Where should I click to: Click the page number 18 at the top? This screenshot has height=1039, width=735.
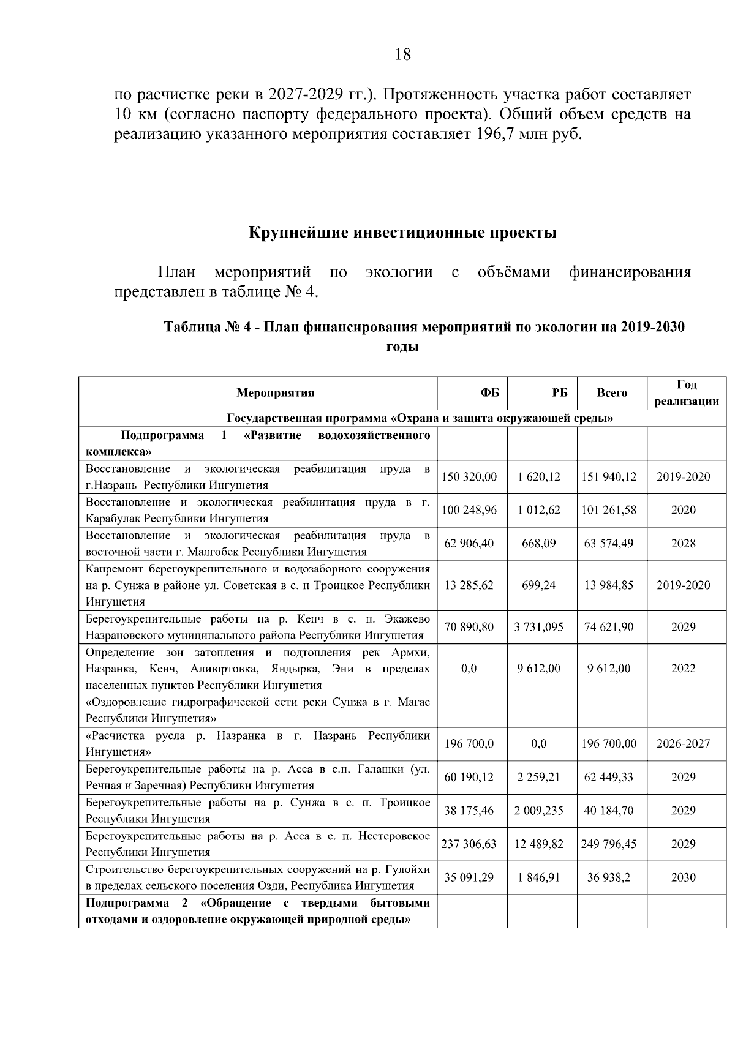pyautogui.click(x=403, y=55)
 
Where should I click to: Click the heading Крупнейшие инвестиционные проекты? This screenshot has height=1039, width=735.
pyautogui.click(x=402, y=233)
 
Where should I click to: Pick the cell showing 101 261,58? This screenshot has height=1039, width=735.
pyautogui.click(x=609, y=510)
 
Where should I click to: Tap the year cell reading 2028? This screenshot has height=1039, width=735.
pyautogui.click(x=683, y=543)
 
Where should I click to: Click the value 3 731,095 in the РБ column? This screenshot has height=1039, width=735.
pyautogui.click(x=539, y=627)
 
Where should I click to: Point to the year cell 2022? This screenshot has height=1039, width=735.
pyautogui.click(x=683, y=669)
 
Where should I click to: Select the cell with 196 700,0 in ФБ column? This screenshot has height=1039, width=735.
pyautogui.click(x=469, y=744)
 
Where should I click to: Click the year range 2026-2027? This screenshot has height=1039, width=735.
pyautogui.click(x=683, y=744)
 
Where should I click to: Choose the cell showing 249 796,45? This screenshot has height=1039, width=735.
pyautogui.click(x=609, y=844)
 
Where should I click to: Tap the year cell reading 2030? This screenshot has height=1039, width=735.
pyautogui.click(x=683, y=877)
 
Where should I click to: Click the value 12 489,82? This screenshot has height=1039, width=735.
pyautogui.click(x=539, y=844)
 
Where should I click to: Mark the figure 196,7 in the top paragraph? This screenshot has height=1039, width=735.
pyautogui.click(x=493, y=134)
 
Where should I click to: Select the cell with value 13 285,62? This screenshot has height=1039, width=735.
pyautogui.click(x=469, y=585)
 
